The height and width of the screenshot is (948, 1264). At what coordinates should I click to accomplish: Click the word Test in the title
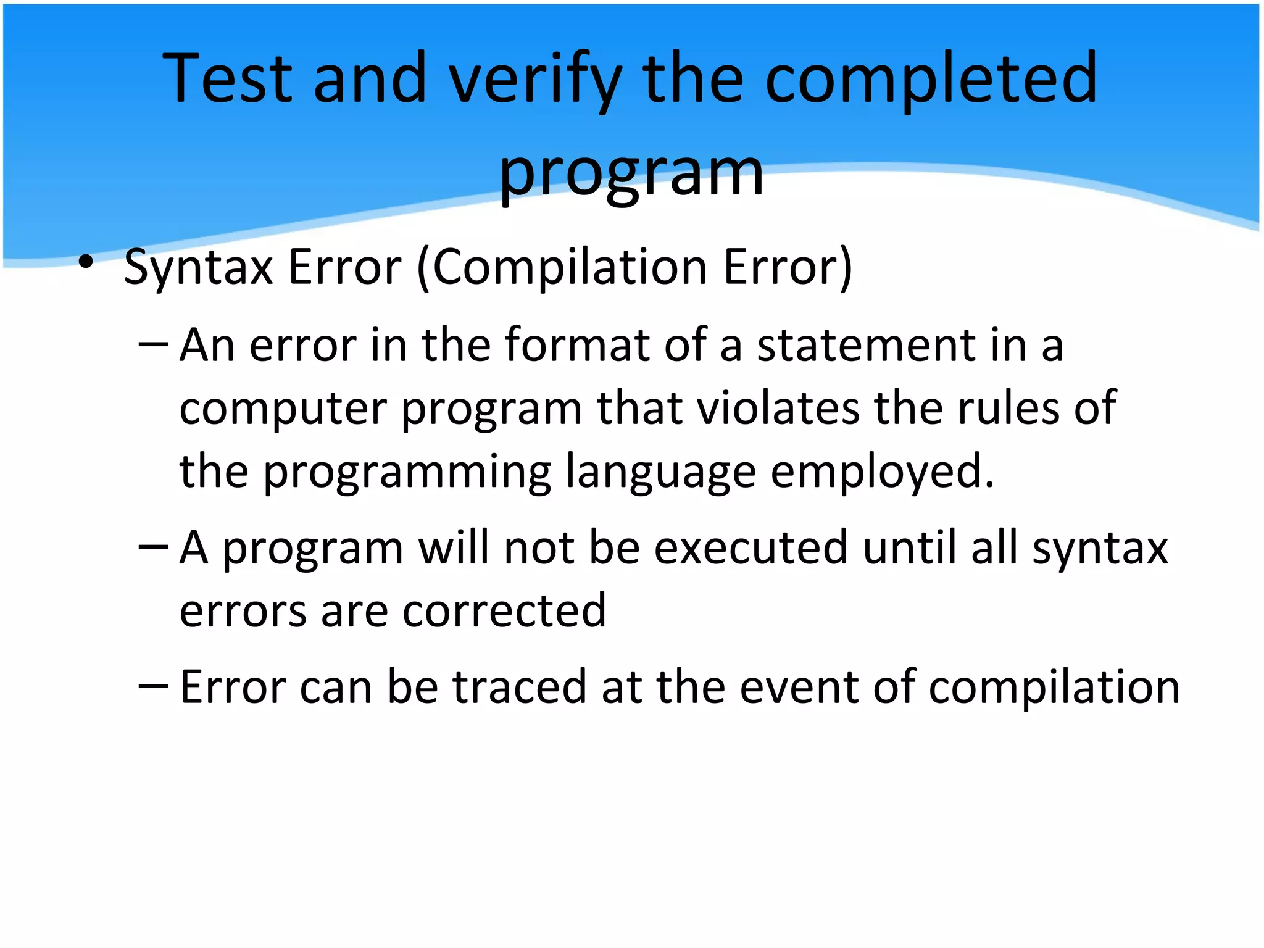click(x=227, y=78)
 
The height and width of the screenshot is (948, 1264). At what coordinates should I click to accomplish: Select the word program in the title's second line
click(x=631, y=175)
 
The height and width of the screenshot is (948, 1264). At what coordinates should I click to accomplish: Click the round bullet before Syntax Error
click(x=86, y=263)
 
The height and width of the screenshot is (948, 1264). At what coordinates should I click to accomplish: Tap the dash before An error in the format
click(x=154, y=343)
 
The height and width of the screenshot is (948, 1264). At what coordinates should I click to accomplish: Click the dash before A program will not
click(x=154, y=546)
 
